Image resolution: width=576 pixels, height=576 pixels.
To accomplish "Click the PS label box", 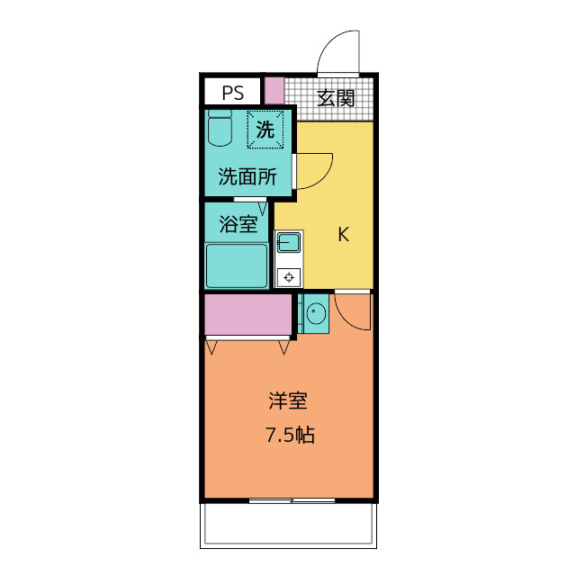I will coord(232,93).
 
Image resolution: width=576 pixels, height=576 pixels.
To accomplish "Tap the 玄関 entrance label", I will coord(335,98).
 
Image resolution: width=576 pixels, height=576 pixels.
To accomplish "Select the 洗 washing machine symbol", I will coord(265,129).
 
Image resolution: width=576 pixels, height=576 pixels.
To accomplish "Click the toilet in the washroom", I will coord(219,130).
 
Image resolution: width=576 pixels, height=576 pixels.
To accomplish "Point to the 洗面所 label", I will coord(247,177).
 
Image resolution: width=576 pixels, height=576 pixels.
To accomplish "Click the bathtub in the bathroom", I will coord(237,265).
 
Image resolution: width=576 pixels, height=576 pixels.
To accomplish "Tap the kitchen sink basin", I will coord(288,242).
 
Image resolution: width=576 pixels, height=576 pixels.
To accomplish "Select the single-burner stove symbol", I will coord(289,277).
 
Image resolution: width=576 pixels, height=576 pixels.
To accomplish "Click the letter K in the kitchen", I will coord(343,235).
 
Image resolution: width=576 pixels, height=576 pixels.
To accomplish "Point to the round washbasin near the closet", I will coord(315,314).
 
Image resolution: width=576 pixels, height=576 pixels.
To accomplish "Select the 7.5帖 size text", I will coord(289,436).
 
